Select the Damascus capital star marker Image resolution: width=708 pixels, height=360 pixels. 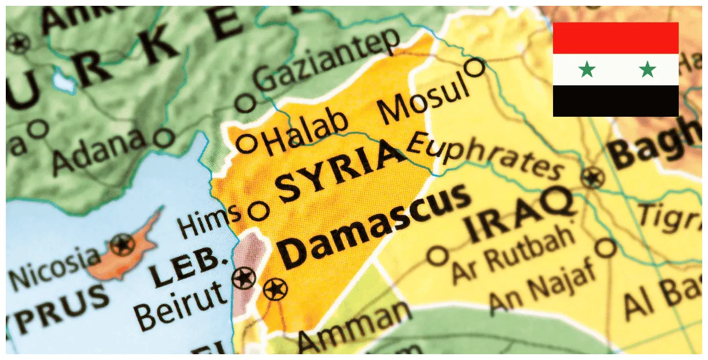(x=275, y=288)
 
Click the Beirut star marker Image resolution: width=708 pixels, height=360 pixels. (x=244, y=278)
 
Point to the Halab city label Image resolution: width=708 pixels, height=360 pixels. (x=308, y=133)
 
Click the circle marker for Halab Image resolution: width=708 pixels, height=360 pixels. (x=248, y=143)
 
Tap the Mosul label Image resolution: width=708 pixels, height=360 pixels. (x=423, y=99)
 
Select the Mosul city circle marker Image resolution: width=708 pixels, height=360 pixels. (x=475, y=68)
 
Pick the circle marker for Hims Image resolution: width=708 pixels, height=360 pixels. (x=259, y=210)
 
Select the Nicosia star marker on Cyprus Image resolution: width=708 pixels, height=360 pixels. (x=122, y=244)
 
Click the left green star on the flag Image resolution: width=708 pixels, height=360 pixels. (x=587, y=70)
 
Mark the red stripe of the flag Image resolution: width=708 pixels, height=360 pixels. (x=615, y=38)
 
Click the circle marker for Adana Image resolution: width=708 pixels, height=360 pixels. (x=165, y=138)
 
